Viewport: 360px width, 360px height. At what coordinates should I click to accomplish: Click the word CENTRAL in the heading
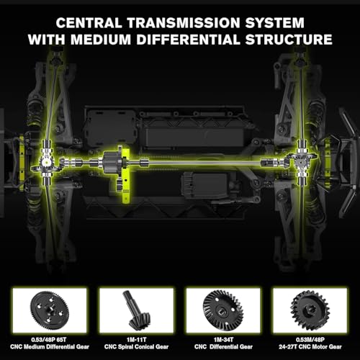(x=89, y=23)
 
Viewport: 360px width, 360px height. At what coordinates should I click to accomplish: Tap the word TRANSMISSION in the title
(x=184, y=23)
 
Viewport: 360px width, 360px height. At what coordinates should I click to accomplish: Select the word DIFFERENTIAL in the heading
(x=189, y=40)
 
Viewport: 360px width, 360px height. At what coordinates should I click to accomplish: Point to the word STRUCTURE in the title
(x=289, y=40)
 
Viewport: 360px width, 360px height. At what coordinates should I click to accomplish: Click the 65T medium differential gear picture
(x=50, y=310)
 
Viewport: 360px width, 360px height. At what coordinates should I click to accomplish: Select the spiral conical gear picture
(x=136, y=310)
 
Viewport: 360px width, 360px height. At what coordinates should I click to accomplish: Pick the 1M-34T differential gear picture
(x=223, y=310)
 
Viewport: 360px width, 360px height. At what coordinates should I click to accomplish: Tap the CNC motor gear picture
(x=310, y=310)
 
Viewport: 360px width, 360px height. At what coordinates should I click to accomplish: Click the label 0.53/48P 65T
(x=49, y=340)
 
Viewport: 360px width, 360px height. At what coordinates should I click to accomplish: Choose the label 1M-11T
(x=136, y=340)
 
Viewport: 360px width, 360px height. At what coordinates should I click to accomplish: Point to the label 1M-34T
(x=223, y=340)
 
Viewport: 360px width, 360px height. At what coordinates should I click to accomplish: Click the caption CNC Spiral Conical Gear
(x=136, y=347)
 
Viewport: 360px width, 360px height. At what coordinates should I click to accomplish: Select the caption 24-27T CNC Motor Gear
(x=310, y=347)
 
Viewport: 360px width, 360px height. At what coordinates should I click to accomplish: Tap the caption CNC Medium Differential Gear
(x=50, y=347)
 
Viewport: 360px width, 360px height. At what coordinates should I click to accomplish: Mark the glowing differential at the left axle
(x=46, y=162)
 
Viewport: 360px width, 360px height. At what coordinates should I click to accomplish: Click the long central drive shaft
(x=204, y=163)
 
